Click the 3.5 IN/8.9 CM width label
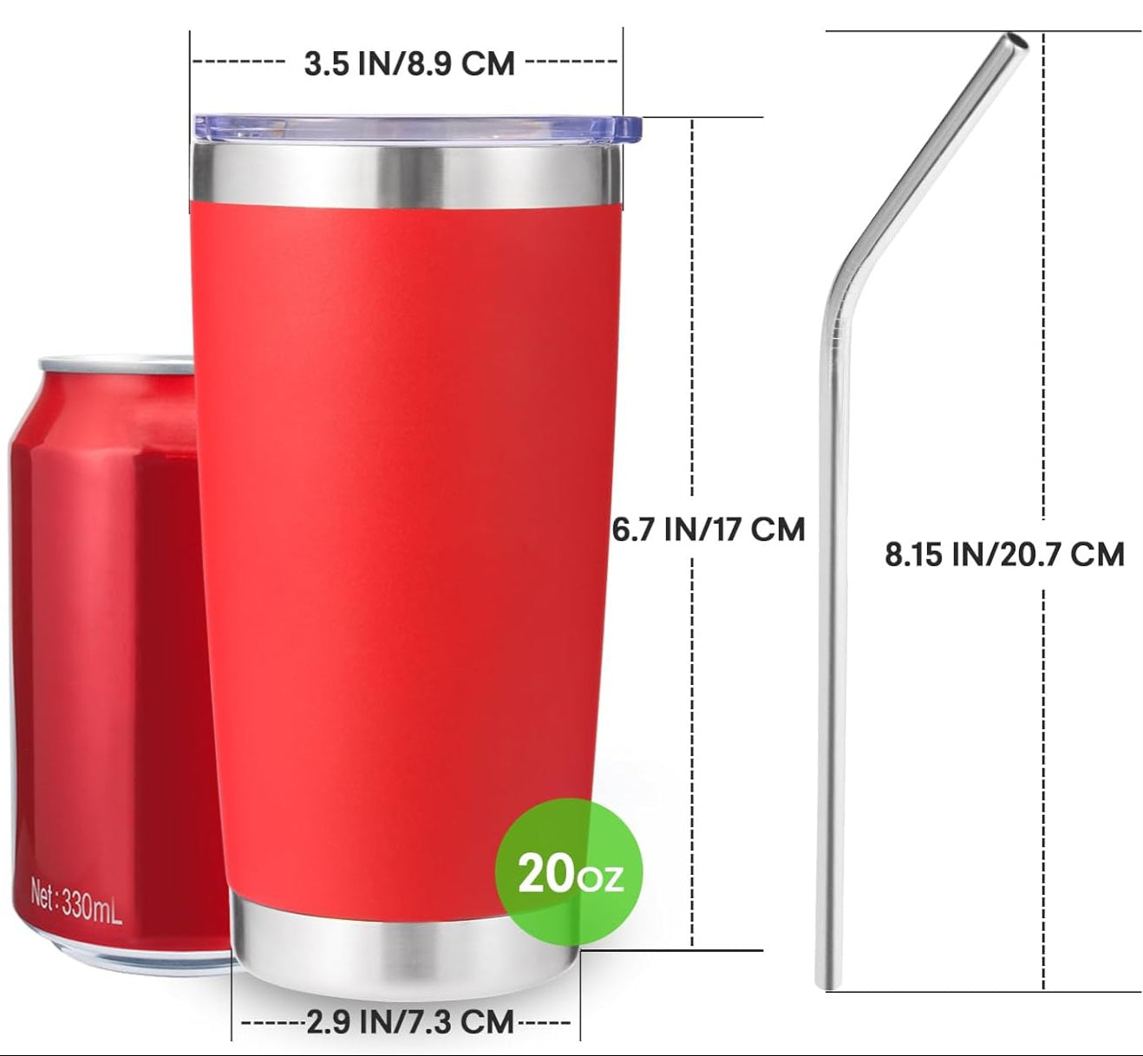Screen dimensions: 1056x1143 pos(408,63)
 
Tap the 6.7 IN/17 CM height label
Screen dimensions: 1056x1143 pos(709,529)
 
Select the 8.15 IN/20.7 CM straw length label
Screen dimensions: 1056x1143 pos(1004,553)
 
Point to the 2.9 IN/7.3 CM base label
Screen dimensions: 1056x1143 pos(410,1020)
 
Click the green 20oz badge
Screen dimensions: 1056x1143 pos(569,874)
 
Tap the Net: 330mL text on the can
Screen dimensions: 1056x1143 pos(76,903)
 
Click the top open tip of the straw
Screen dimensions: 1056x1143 pos(1014,42)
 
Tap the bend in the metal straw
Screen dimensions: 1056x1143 pos(837,286)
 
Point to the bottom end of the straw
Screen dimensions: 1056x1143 pos(827,980)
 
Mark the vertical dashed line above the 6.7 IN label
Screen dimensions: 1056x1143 pos(692,312)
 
